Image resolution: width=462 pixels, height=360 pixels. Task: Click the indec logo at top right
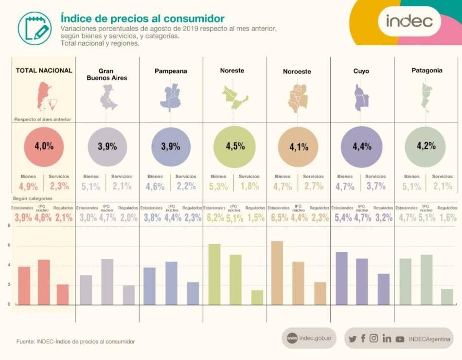pos(409,21)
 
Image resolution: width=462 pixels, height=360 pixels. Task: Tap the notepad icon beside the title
pos(35,28)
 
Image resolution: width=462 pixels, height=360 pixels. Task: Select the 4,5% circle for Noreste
pos(235,146)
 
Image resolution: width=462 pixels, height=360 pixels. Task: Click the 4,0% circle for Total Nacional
pos(44,146)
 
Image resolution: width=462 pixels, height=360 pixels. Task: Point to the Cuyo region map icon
pos(361,97)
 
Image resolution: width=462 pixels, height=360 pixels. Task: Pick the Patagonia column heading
pos(426,71)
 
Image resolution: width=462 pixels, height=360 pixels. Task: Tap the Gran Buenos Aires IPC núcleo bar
pos(107,282)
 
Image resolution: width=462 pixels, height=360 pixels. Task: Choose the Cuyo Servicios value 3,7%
pos(375,186)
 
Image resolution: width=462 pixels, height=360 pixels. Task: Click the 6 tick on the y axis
pos(9,246)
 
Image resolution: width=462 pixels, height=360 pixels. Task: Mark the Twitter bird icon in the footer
pos(353,339)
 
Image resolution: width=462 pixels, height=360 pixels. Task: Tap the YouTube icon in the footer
pos(400,339)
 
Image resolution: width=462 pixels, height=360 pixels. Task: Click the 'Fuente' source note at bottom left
pos(76,342)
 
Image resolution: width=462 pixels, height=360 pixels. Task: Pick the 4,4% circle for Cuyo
pos(362,146)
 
